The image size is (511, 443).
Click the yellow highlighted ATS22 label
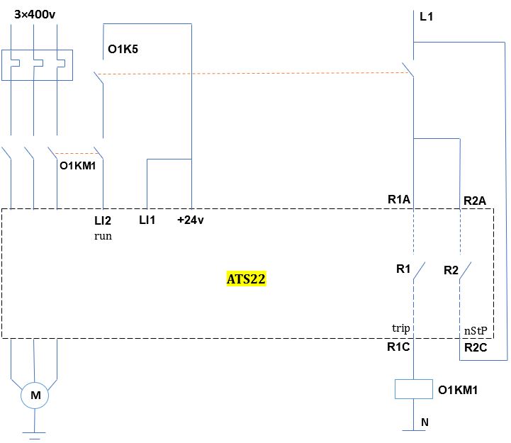tap(246, 279)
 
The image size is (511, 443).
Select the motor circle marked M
tap(35, 396)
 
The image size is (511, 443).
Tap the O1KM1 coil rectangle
tap(414, 389)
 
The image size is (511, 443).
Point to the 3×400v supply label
tap(35, 14)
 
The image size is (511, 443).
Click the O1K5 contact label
tap(123, 49)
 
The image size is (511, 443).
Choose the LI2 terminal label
tap(103, 220)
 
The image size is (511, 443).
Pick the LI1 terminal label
tap(147, 220)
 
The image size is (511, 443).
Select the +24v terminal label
tap(191, 220)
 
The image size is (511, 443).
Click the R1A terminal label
tap(399, 199)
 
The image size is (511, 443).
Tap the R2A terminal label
tap(475, 201)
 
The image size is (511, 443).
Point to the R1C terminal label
tap(398, 347)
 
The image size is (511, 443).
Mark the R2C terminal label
tap(476, 347)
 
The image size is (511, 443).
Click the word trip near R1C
tap(401, 328)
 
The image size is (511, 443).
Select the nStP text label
tap(476, 331)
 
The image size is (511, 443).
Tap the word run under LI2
tap(103, 236)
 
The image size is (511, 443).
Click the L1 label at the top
tap(426, 16)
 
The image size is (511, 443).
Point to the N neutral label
tap(425, 422)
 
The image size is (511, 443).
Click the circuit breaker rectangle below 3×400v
tap(37, 65)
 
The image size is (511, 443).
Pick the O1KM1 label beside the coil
tap(458, 390)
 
